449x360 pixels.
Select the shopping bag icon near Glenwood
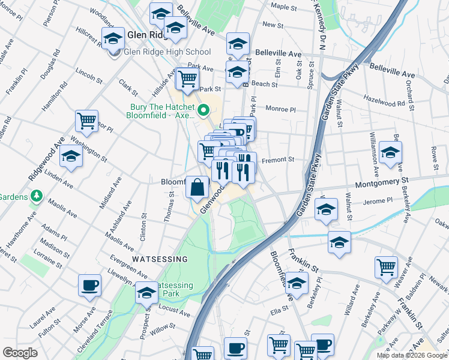197,188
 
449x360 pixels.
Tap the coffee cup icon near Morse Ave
90,286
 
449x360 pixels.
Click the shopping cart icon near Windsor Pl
87,121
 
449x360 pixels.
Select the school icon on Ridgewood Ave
71,158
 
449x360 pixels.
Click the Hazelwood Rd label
384,104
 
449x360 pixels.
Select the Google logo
20,353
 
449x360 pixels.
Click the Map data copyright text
412,355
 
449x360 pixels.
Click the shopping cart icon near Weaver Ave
386,267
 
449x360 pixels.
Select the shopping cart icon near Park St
188,77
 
